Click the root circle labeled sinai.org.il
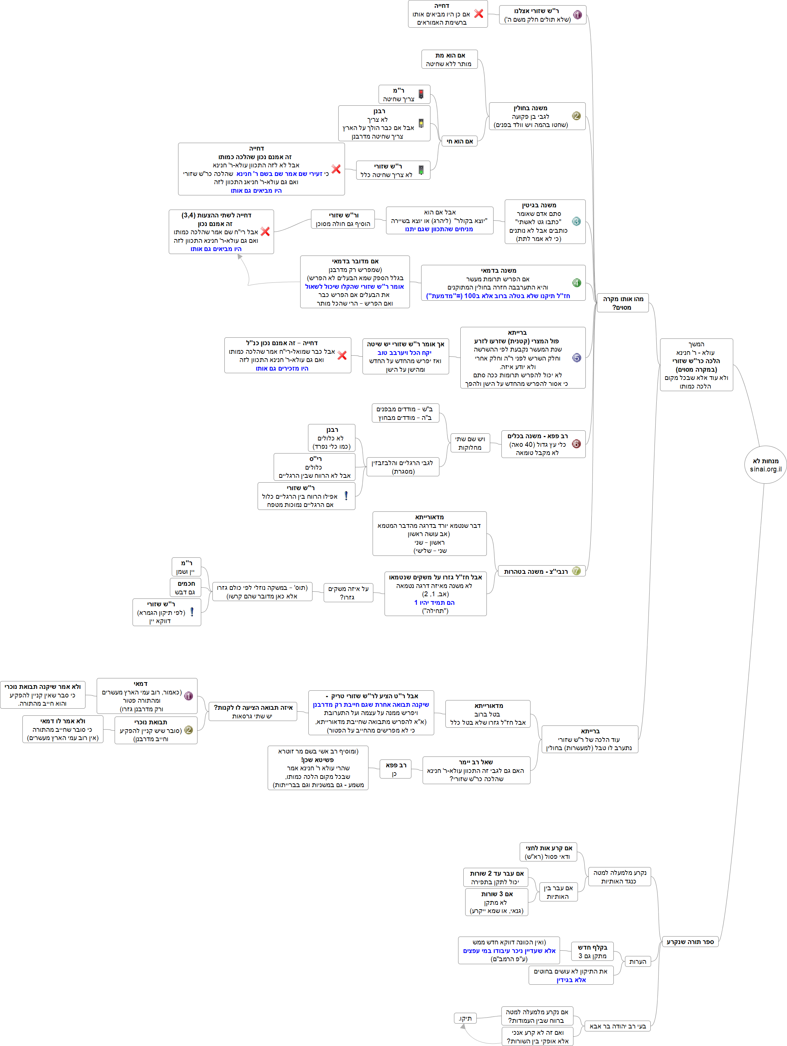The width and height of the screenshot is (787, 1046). click(x=765, y=464)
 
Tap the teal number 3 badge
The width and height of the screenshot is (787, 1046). click(x=576, y=221)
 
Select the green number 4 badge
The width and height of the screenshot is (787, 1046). click(x=576, y=283)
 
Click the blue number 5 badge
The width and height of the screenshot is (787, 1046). click(x=576, y=358)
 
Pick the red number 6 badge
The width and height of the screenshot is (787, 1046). click(x=576, y=443)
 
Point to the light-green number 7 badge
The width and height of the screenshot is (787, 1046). click(x=576, y=571)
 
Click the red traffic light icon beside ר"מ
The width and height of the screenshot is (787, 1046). click(x=421, y=94)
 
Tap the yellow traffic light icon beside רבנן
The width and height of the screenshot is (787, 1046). click(x=421, y=123)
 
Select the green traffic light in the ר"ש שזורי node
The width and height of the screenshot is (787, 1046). click(x=421, y=170)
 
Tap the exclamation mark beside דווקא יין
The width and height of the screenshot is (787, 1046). click(x=192, y=612)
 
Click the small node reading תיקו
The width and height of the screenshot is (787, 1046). click(x=465, y=1018)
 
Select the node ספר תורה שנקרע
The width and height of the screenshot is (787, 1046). click(x=690, y=941)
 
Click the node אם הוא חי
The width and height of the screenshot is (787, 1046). click(x=460, y=141)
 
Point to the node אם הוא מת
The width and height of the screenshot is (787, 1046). click(x=450, y=59)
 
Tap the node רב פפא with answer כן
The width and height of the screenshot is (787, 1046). click(x=396, y=769)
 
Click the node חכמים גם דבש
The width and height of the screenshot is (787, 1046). click(x=186, y=587)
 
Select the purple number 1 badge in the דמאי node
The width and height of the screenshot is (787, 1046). click(x=188, y=696)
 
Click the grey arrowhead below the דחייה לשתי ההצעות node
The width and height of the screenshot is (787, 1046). click(x=240, y=257)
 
